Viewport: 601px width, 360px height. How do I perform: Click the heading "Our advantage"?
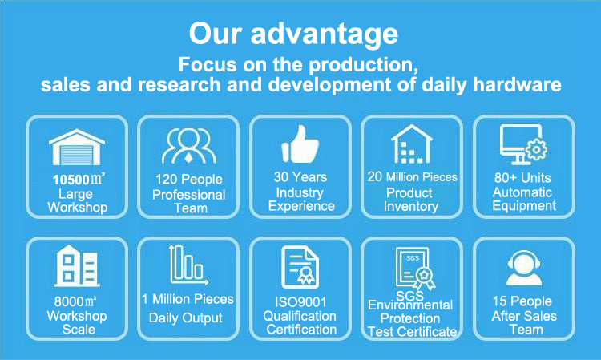tap(293, 34)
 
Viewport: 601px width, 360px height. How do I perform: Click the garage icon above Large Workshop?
tap(77, 148)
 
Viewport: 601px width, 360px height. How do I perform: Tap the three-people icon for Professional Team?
tap(188, 146)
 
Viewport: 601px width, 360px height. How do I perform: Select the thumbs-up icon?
tap(300, 144)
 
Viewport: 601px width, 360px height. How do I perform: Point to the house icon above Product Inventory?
tap(412, 144)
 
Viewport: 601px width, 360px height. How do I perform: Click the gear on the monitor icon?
tap(536, 149)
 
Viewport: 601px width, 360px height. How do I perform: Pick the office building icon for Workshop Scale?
tap(78, 266)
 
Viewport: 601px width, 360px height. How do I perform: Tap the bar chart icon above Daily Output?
tap(188, 265)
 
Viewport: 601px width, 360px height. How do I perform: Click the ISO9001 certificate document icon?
tap(300, 267)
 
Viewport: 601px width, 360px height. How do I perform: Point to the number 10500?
tap(71, 180)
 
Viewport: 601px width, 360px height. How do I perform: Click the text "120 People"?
tap(189, 179)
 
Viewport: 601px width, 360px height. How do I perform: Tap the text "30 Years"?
tap(300, 176)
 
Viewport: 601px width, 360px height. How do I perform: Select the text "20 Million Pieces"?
tap(413, 176)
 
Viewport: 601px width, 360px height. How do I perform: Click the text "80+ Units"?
tap(522, 177)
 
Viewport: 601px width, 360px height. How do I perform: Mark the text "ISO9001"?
tap(300, 302)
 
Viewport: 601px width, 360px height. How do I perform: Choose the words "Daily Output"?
tap(186, 318)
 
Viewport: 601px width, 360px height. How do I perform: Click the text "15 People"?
tap(522, 301)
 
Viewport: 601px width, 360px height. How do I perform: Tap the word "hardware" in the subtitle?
tap(517, 84)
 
